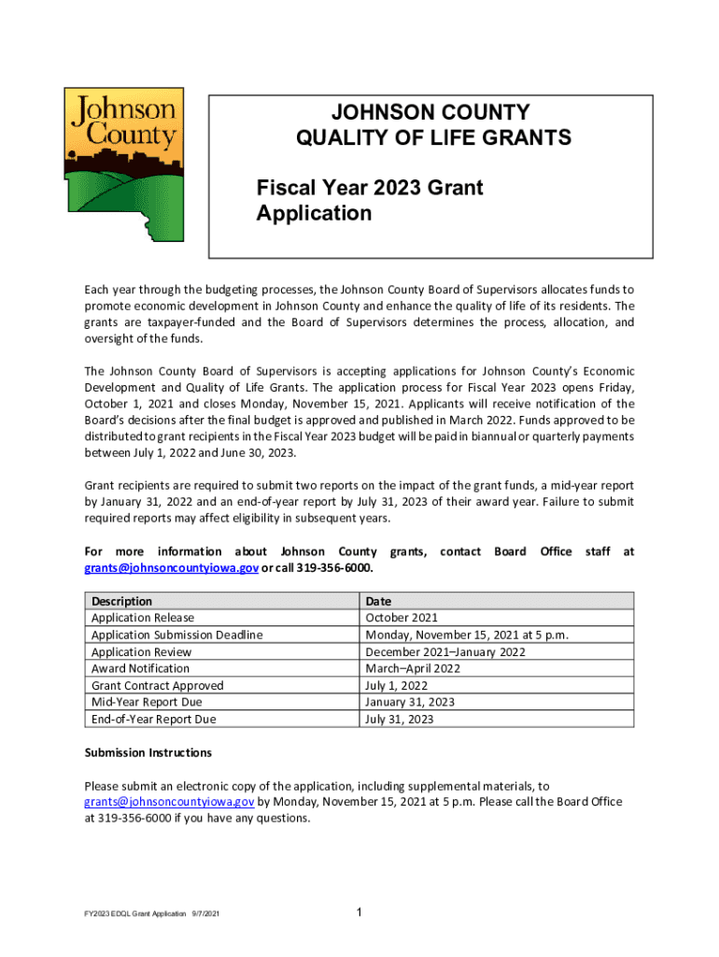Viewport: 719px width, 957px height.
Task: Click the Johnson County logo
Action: (x=123, y=163)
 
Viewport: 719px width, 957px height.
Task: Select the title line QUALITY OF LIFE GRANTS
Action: (x=432, y=138)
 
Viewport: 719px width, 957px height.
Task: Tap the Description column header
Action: (x=121, y=601)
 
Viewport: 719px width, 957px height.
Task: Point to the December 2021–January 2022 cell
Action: (x=445, y=651)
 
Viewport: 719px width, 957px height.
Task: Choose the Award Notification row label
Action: (x=140, y=668)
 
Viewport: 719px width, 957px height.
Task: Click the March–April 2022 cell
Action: (x=413, y=668)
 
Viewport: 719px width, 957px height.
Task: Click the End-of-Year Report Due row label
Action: (x=153, y=719)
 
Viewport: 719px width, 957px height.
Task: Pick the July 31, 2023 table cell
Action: (x=400, y=719)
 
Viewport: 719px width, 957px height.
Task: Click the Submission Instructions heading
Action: (x=148, y=752)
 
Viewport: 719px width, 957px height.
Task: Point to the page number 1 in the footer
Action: (x=359, y=912)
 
